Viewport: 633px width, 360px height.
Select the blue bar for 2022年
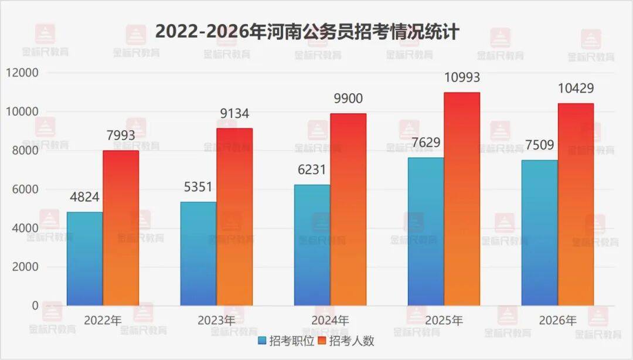coord(84,259)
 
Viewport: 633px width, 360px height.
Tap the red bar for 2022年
coord(121,228)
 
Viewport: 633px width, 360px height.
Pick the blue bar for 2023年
coord(198,253)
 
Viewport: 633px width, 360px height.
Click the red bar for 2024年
coord(348,209)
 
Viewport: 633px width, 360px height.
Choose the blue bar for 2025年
coord(426,232)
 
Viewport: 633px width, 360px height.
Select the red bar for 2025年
coord(462,199)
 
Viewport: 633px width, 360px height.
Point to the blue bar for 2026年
coord(539,233)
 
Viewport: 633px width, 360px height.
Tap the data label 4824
coord(84,196)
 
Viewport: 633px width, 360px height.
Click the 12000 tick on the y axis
coord(22,73)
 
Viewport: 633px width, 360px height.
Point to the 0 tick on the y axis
coord(35,305)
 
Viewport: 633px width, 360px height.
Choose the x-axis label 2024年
coord(329,321)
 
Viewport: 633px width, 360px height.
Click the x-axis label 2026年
coord(557,321)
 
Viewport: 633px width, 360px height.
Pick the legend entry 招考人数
coord(345,341)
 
